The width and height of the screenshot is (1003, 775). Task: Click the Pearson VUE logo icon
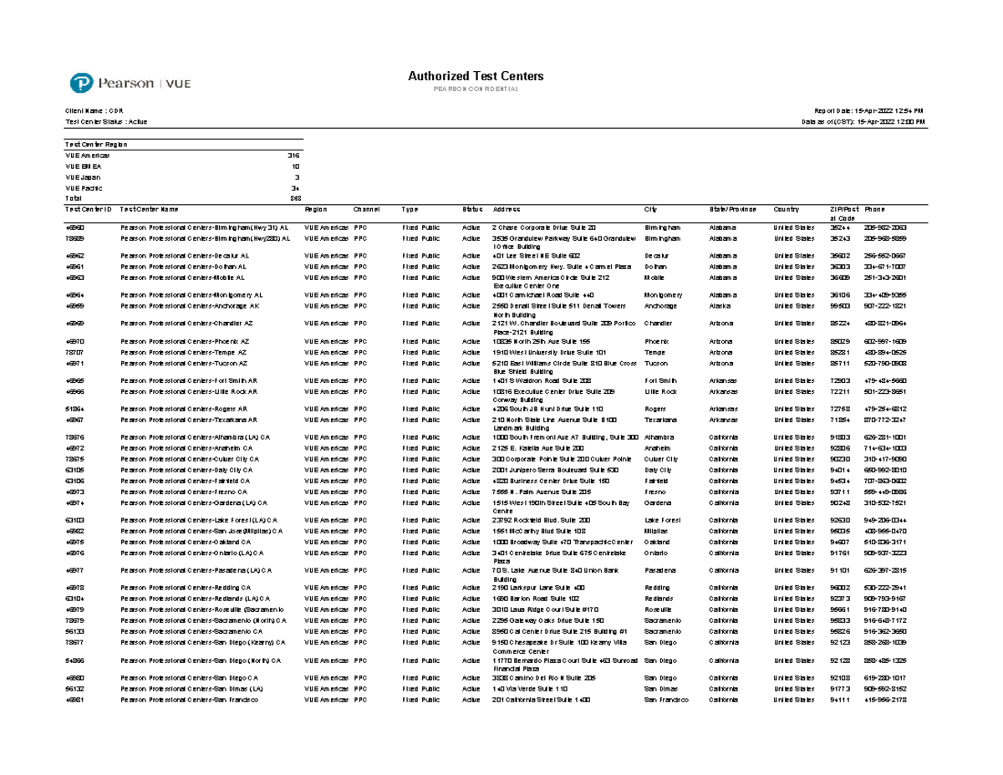pos(80,84)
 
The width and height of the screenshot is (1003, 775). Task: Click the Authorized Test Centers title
pos(476,76)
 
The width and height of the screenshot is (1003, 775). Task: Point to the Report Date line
pos(873,110)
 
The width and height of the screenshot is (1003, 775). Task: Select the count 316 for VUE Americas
pos(293,156)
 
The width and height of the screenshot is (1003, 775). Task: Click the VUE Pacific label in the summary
pos(84,188)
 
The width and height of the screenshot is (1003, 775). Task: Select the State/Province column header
pos(733,209)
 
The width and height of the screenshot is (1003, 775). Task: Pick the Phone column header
pos(874,209)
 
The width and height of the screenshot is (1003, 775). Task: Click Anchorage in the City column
pos(662,306)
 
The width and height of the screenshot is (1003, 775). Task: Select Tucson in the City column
pos(656,364)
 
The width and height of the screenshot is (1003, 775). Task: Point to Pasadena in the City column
pos(660,571)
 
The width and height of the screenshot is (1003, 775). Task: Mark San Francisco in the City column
pos(666,700)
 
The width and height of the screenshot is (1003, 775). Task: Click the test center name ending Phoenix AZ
pos(184,341)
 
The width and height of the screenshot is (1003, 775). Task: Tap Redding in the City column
pos(658,588)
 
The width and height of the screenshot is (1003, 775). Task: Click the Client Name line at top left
pos(94,110)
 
